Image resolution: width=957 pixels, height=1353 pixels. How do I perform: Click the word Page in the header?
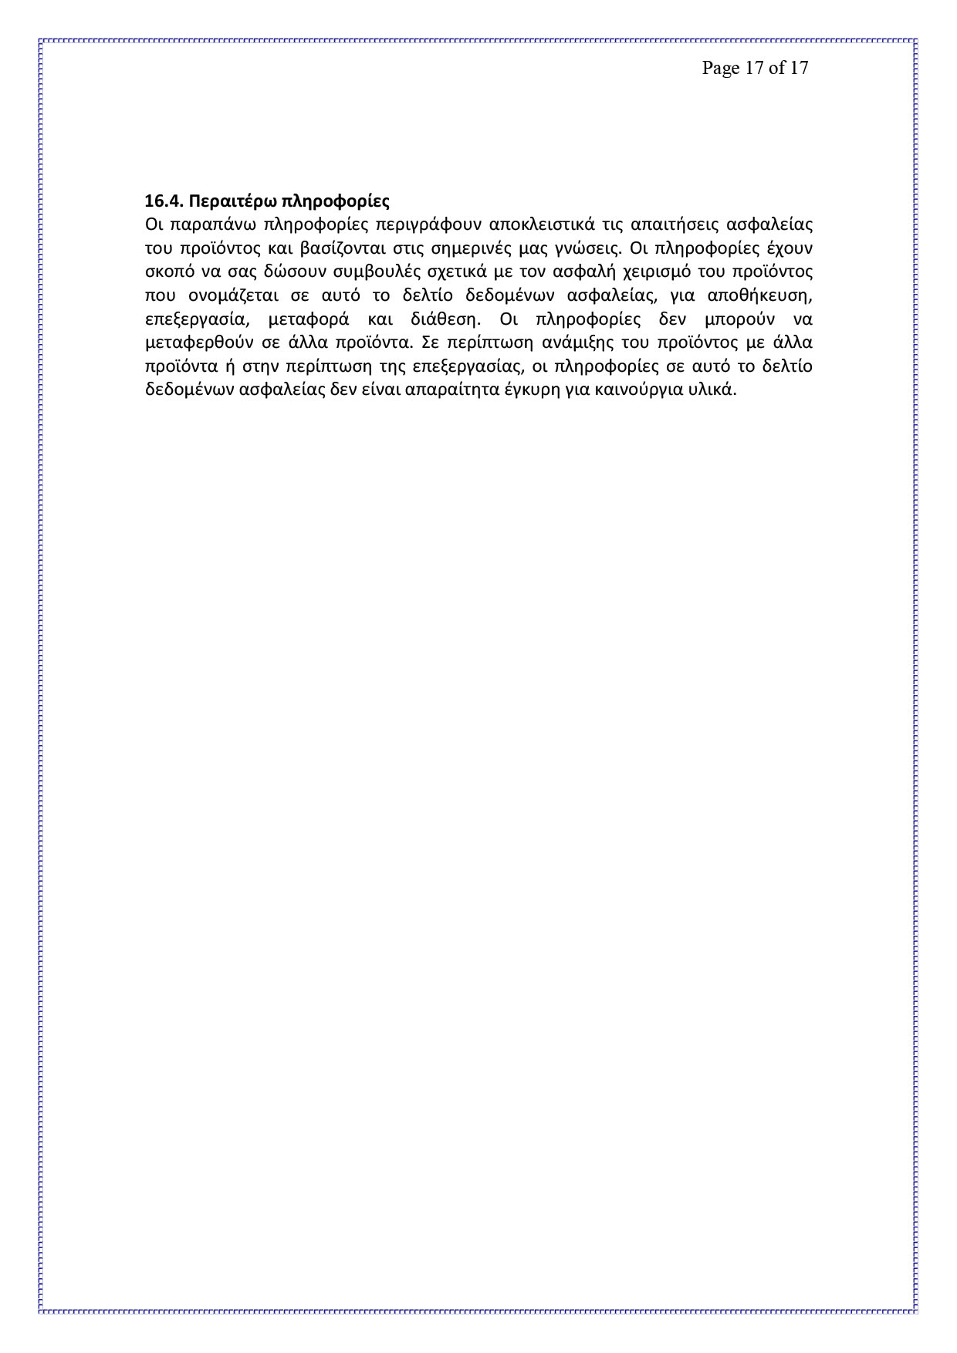(720, 68)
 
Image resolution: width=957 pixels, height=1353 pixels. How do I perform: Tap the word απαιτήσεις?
(665, 225)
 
